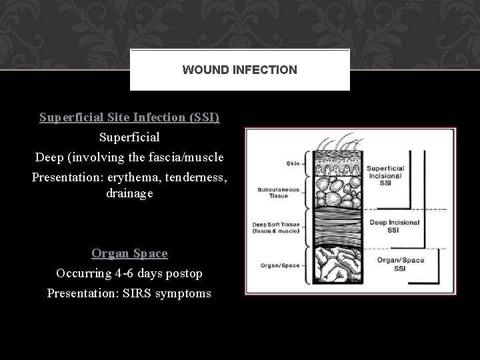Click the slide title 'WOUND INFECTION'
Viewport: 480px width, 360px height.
click(239, 69)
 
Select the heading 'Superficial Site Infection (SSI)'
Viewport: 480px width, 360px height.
click(129, 118)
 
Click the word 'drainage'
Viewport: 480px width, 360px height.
click(129, 193)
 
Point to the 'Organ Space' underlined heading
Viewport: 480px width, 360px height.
click(129, 253)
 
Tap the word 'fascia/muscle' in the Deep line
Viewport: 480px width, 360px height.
click(193, 157)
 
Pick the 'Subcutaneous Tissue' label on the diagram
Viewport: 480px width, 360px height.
click(274, 193)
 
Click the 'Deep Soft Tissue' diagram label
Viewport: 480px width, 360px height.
click(274, 227)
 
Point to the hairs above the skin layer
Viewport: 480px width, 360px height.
click(336, 143)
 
